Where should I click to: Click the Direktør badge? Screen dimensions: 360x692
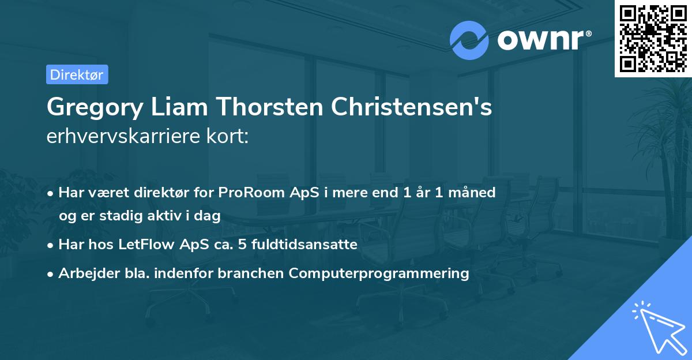click(x=77, y=74)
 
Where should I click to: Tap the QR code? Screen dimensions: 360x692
click(x=653, y=38)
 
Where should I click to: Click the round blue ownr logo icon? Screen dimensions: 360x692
click(x=469, y=40)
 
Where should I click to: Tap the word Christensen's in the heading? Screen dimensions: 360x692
click(x=406, y=108)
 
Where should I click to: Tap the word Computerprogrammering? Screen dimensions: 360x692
click(x=379, y=273)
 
